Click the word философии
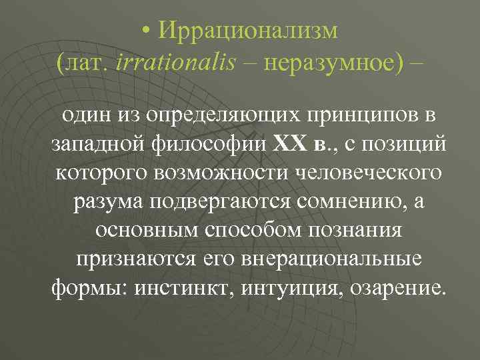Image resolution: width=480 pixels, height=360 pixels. point(189,143)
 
